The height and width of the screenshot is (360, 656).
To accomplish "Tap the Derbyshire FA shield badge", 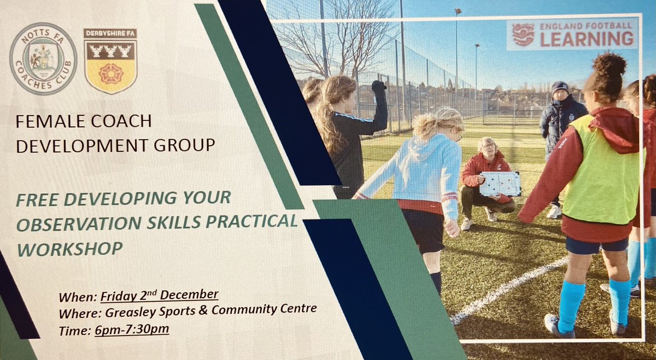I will click(x=110, y=61).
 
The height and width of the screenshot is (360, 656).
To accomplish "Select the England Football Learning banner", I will click(x=572, y=34).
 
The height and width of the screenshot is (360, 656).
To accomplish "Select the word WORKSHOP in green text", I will click(x=69, y=247).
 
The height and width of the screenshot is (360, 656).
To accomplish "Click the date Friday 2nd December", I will click(x=160, y=296).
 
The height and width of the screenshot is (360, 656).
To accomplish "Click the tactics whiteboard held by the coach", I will click(x=500, y=184).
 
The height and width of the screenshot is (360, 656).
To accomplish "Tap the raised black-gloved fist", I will click(x=378, y=86).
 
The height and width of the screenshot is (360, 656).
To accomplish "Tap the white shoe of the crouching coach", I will click(x=466, y=224).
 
